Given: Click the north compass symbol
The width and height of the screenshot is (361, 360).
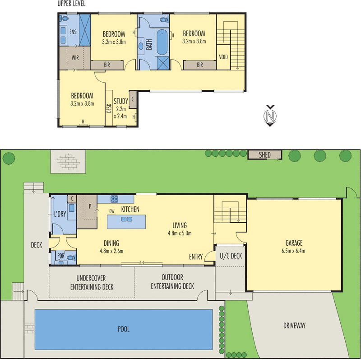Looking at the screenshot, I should click(x=270, y=115).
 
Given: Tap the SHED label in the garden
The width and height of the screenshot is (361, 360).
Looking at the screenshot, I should click(x=265, y=155).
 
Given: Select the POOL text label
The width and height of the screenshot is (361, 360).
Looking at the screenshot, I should click(x=124, y=329).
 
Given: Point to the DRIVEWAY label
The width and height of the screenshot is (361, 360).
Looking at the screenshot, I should click(x=295, y=325).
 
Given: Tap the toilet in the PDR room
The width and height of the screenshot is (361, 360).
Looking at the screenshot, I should click(x=71, y=257).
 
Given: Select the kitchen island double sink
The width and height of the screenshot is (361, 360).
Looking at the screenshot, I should click(x=126, y=220).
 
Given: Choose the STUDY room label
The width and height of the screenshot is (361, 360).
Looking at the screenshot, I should click(x=120, y=101).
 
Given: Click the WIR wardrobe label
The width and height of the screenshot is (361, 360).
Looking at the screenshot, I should click(x=75, y=57).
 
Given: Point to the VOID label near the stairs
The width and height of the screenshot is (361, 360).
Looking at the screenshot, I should click(x=223, y=57).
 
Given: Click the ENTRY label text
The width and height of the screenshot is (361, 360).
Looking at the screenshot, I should click(x=196, y=257).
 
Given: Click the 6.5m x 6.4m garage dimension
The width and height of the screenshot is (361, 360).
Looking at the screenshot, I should click(x=293, y=251).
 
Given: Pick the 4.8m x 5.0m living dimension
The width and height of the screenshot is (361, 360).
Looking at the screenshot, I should click(x=179, y=234).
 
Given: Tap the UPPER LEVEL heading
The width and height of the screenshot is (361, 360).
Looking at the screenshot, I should click(x=71, y=4).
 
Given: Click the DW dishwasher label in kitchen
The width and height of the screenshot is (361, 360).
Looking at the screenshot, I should click(x=111, y=211).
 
